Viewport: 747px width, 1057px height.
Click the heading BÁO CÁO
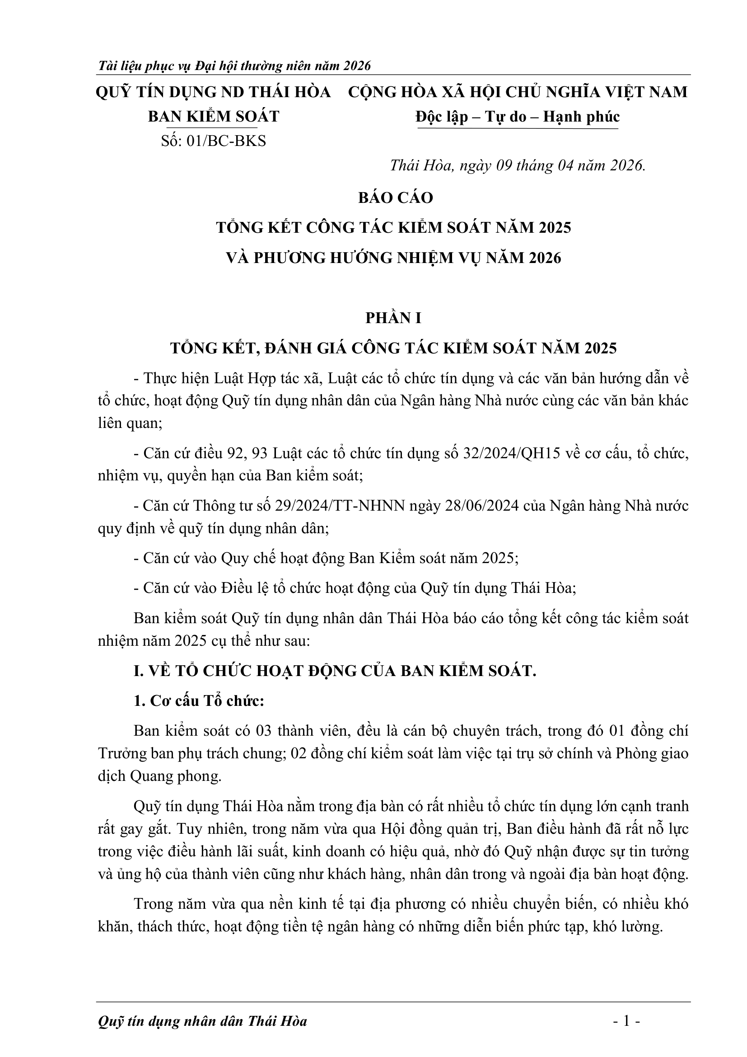tap(396, 197)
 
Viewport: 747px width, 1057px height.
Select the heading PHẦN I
tap(393, 318)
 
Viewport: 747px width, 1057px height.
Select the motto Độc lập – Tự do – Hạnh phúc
tap(518, 117)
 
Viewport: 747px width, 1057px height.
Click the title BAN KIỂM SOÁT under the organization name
tap(214, 117)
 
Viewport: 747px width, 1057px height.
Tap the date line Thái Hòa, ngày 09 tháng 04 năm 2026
tap(518, 165)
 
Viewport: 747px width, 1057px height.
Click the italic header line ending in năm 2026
tap(234, 66)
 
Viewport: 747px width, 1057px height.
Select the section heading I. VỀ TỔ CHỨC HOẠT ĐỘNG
tap(335, 671)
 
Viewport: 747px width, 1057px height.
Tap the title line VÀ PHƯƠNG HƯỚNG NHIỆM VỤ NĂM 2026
tap(393, 258)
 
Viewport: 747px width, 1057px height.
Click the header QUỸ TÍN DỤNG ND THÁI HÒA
tap(214, 92)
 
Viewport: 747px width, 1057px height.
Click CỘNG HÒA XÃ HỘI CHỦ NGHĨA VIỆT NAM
tap(518, 92)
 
